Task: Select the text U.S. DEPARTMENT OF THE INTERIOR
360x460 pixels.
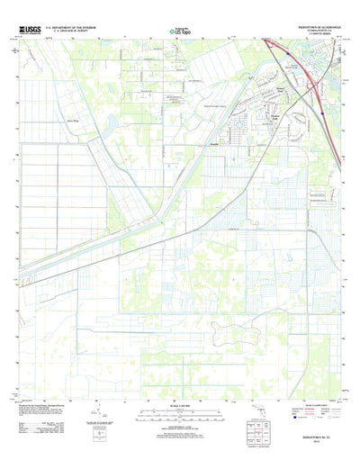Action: pos(76,28)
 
